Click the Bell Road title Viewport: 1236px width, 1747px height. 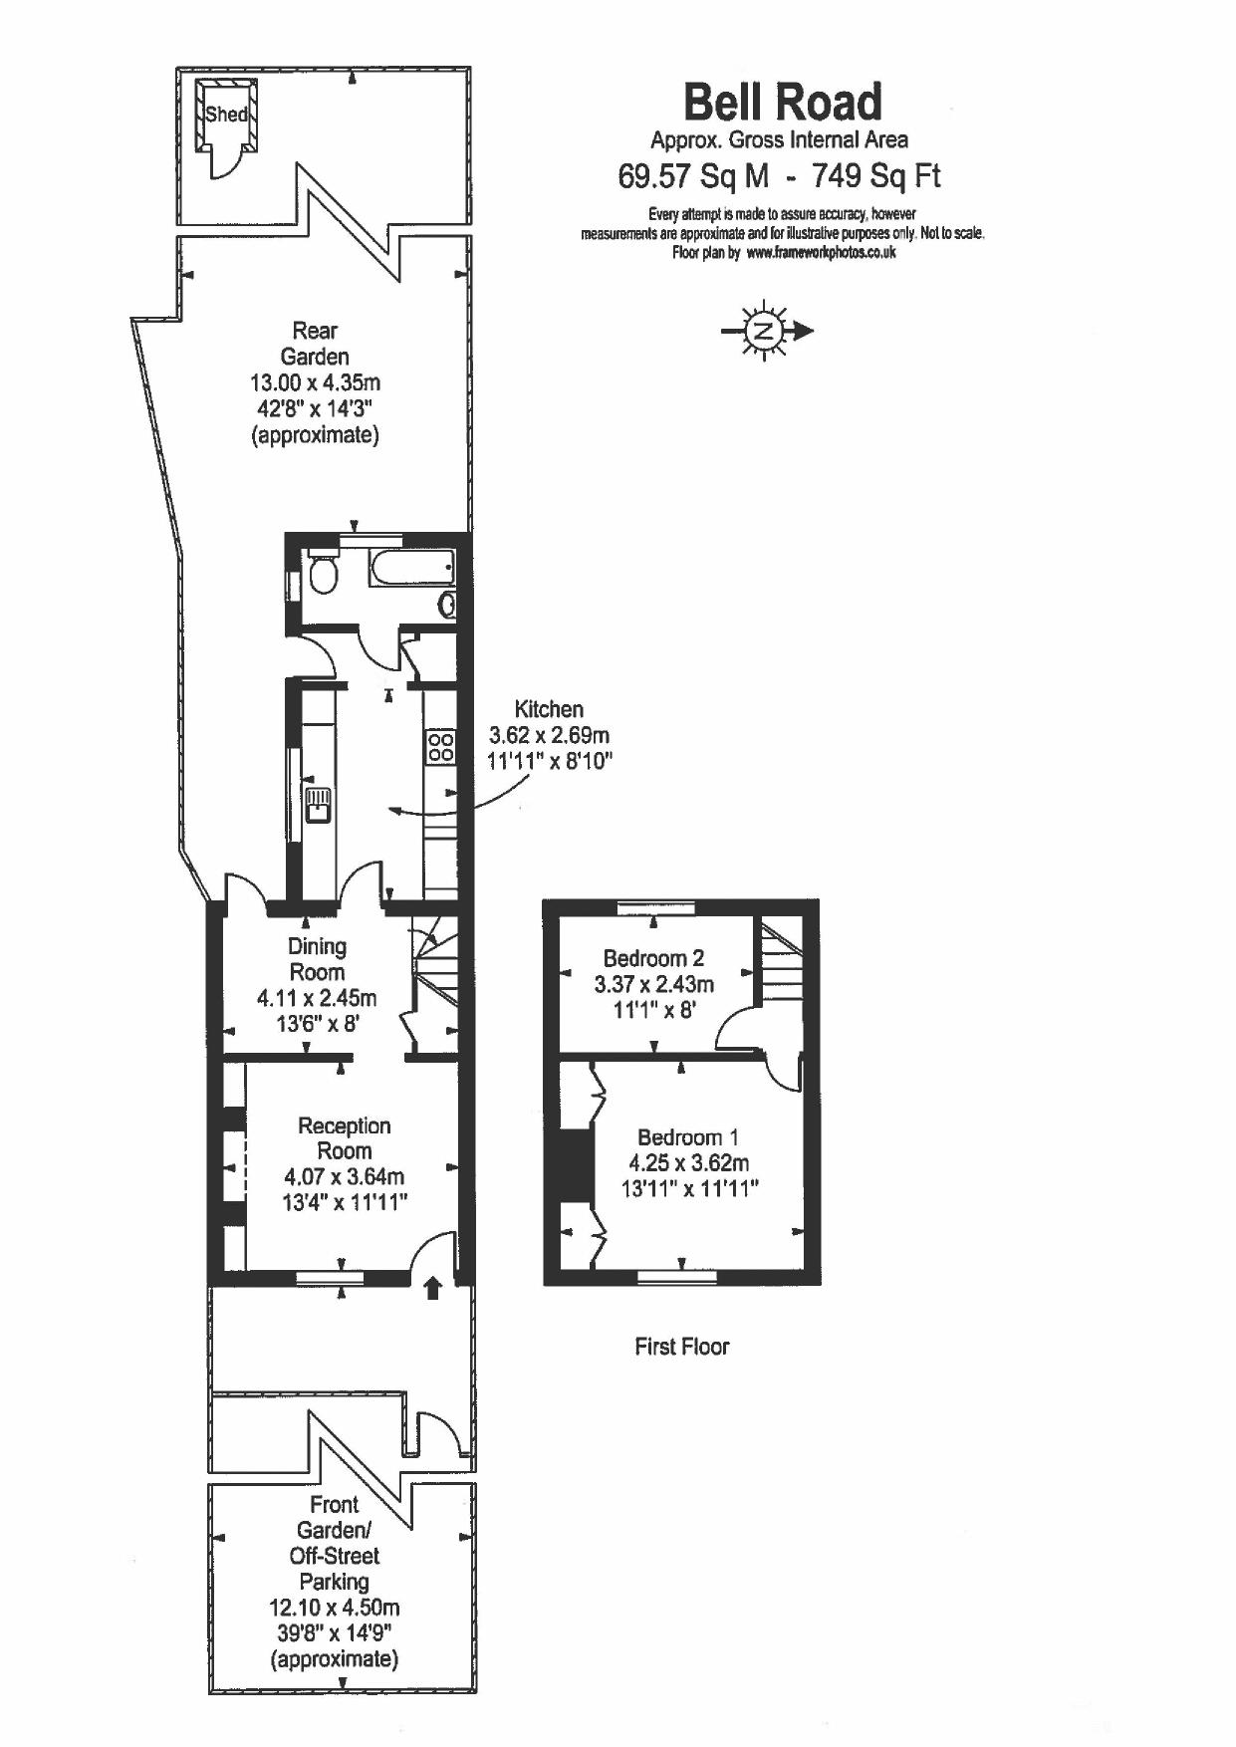[x=783, y=102]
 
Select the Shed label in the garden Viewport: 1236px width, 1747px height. [x=226, y=114]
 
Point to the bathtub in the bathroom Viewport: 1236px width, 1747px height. [x=412, y=569]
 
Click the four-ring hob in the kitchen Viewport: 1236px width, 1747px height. [x=440, y=747]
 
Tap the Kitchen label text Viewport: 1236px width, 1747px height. [x=549, y=709]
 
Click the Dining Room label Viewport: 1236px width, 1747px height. [x=317, y=959]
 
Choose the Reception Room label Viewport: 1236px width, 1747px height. [x=345, y=1138]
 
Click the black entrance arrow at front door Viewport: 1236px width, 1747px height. [x=432, y=1289]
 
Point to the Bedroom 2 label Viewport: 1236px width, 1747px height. [x=653, y=958]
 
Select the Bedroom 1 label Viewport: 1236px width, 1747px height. [x=688, y=1136]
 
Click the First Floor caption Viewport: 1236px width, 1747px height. [x=682, y=1347]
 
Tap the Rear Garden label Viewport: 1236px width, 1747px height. [x=315, y=344]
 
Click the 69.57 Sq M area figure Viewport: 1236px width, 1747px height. [x=694, y=176]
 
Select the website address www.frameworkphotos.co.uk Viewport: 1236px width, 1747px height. [x=821, y=253]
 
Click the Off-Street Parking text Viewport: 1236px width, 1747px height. [x=335, y=1568]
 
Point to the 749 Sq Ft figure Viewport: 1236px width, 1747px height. [x=876, y=176]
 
